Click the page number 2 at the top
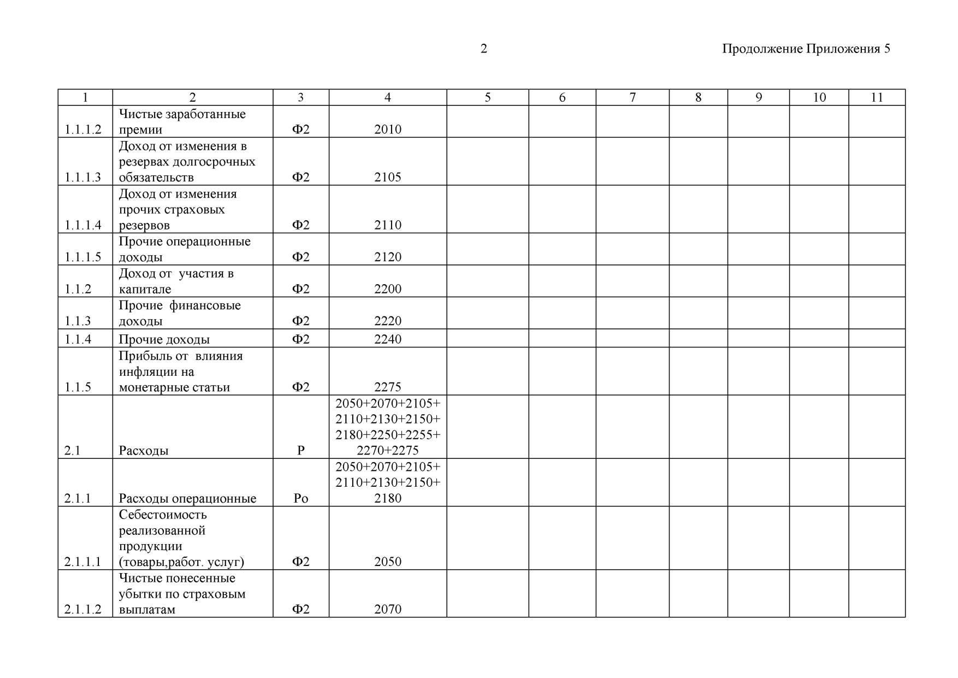click(483, 49)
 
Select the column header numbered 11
click(877, 97)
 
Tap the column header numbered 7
click(632, 97)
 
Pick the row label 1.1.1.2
click(83, 129)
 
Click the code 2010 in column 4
click(388, 129)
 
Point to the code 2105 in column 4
click(388, 177)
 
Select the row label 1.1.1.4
click(83, 225)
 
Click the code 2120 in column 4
click(388, 257)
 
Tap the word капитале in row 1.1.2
click(145, 289)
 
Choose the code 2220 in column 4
click(388, 321)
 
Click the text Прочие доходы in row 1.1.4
click(164, 339)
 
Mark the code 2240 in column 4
click(388, 339)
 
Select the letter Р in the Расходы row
click(301, 451)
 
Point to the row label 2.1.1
click(78, 498)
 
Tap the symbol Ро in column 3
click(301, 498)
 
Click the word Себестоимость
click(163, 515)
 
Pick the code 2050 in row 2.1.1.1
click(388, 562)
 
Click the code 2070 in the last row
click(388, 609)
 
